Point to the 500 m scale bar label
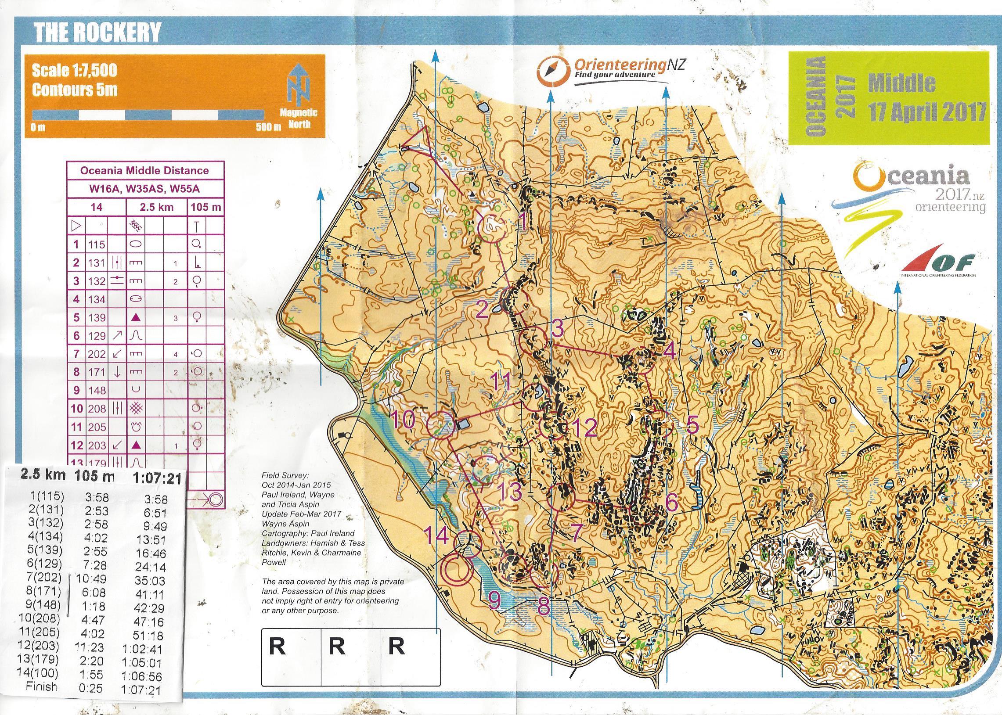(268, 128)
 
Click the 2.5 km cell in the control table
(157, 207)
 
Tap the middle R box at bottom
(337, 647)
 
